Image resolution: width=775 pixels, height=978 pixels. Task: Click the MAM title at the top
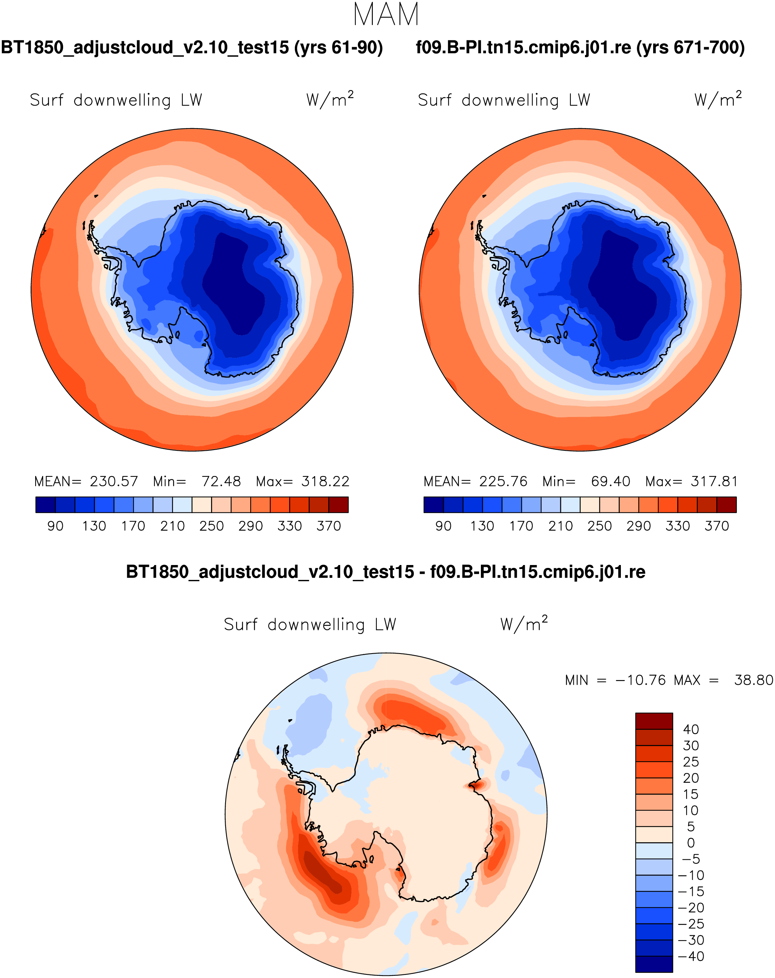coord(386,15)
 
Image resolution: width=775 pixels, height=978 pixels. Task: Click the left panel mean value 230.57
coord(114,481)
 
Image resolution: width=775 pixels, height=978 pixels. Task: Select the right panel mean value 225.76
coord(503,481)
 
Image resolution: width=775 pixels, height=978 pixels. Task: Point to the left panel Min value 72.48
coord(221,481)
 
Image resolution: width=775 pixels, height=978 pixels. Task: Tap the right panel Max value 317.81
coord(714,481)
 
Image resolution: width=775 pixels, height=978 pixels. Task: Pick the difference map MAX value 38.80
coord(753,680)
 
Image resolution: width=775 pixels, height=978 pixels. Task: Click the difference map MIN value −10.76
coord(640,680)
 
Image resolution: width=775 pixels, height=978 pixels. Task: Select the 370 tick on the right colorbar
coord(717,526)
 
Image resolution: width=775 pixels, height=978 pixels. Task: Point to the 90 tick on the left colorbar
coord(55,526)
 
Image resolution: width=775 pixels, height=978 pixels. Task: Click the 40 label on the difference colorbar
coord(691,730)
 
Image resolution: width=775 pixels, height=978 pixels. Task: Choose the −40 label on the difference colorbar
coord(691,957)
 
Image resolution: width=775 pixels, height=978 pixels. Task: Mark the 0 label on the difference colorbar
coord(691,843)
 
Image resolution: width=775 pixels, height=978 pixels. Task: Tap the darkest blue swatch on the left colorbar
coord(45,504)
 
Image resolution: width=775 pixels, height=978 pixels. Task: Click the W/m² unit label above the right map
coord(718,99)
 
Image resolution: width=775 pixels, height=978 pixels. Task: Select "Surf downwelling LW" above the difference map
coord(310,625)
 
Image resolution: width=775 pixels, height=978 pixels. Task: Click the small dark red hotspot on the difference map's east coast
coord(475,785)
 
